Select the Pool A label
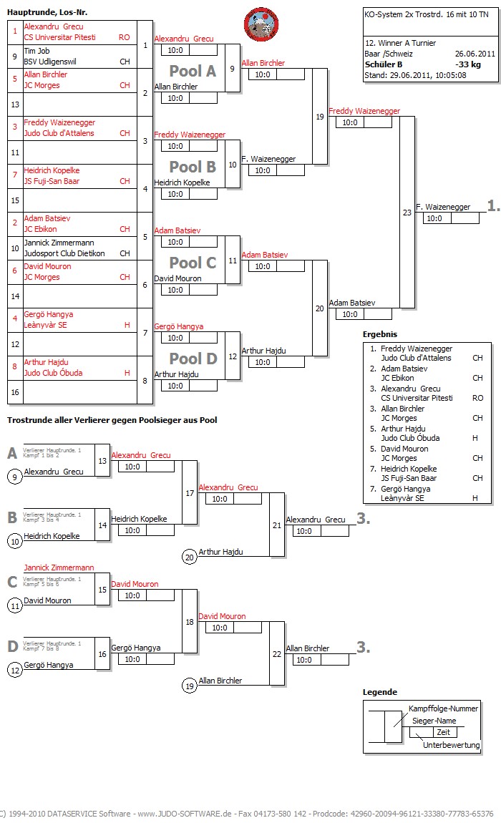tap(193, 71)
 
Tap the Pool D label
tap(193, 359)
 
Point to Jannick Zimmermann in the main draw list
tap(59, 243)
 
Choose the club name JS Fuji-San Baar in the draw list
tap(52, 181)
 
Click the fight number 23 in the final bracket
tap(407, 212)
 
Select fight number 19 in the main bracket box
tap(319, 117)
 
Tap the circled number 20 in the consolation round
tap(189, 557)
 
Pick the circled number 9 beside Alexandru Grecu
tap(14, 477)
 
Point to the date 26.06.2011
tap(475, 54)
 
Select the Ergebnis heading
tap(379, 334)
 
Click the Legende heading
tap(380, 692)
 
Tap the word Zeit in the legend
tap(443, 732)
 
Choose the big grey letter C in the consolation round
tap(12, 582)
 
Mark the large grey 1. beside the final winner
tap(493, 206)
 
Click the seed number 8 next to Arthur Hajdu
tap(15, 363)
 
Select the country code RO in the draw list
tap(125, 37)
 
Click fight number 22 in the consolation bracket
tap(277, 653)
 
